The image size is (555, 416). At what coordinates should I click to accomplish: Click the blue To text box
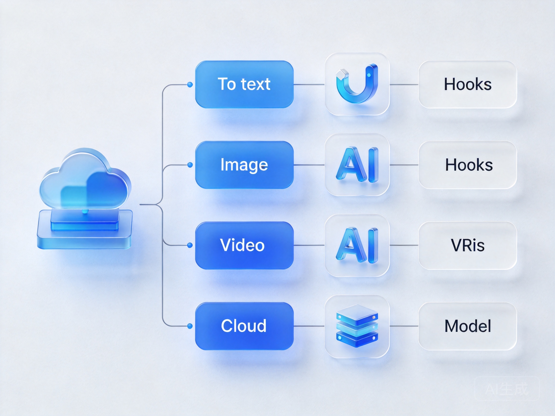(244, 84)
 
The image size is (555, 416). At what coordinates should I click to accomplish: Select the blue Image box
(244, 165)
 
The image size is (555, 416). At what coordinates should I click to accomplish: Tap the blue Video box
(244, 246)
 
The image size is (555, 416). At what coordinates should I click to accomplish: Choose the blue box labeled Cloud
(244, 326)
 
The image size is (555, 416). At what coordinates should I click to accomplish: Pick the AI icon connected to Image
(357, 164)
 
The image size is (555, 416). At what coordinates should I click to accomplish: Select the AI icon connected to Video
(357, 245)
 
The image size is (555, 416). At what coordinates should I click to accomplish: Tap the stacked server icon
(357, 326)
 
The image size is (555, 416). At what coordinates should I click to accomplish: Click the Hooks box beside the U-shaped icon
(468, 84)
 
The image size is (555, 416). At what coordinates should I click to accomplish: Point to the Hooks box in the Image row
(468, 165)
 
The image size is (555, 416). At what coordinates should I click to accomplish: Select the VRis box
(468, 246)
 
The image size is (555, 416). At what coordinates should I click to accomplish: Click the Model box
(468, 326)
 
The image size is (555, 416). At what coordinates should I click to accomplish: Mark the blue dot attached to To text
(190, 85)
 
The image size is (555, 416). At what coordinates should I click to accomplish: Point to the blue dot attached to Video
(190, 245)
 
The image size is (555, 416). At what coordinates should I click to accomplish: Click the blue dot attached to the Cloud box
(190, 326)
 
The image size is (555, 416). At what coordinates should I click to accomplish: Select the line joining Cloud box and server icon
(309, 326)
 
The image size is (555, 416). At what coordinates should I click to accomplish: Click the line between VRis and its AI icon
(404, 245)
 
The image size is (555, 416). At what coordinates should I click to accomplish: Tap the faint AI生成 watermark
(507, 389)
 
